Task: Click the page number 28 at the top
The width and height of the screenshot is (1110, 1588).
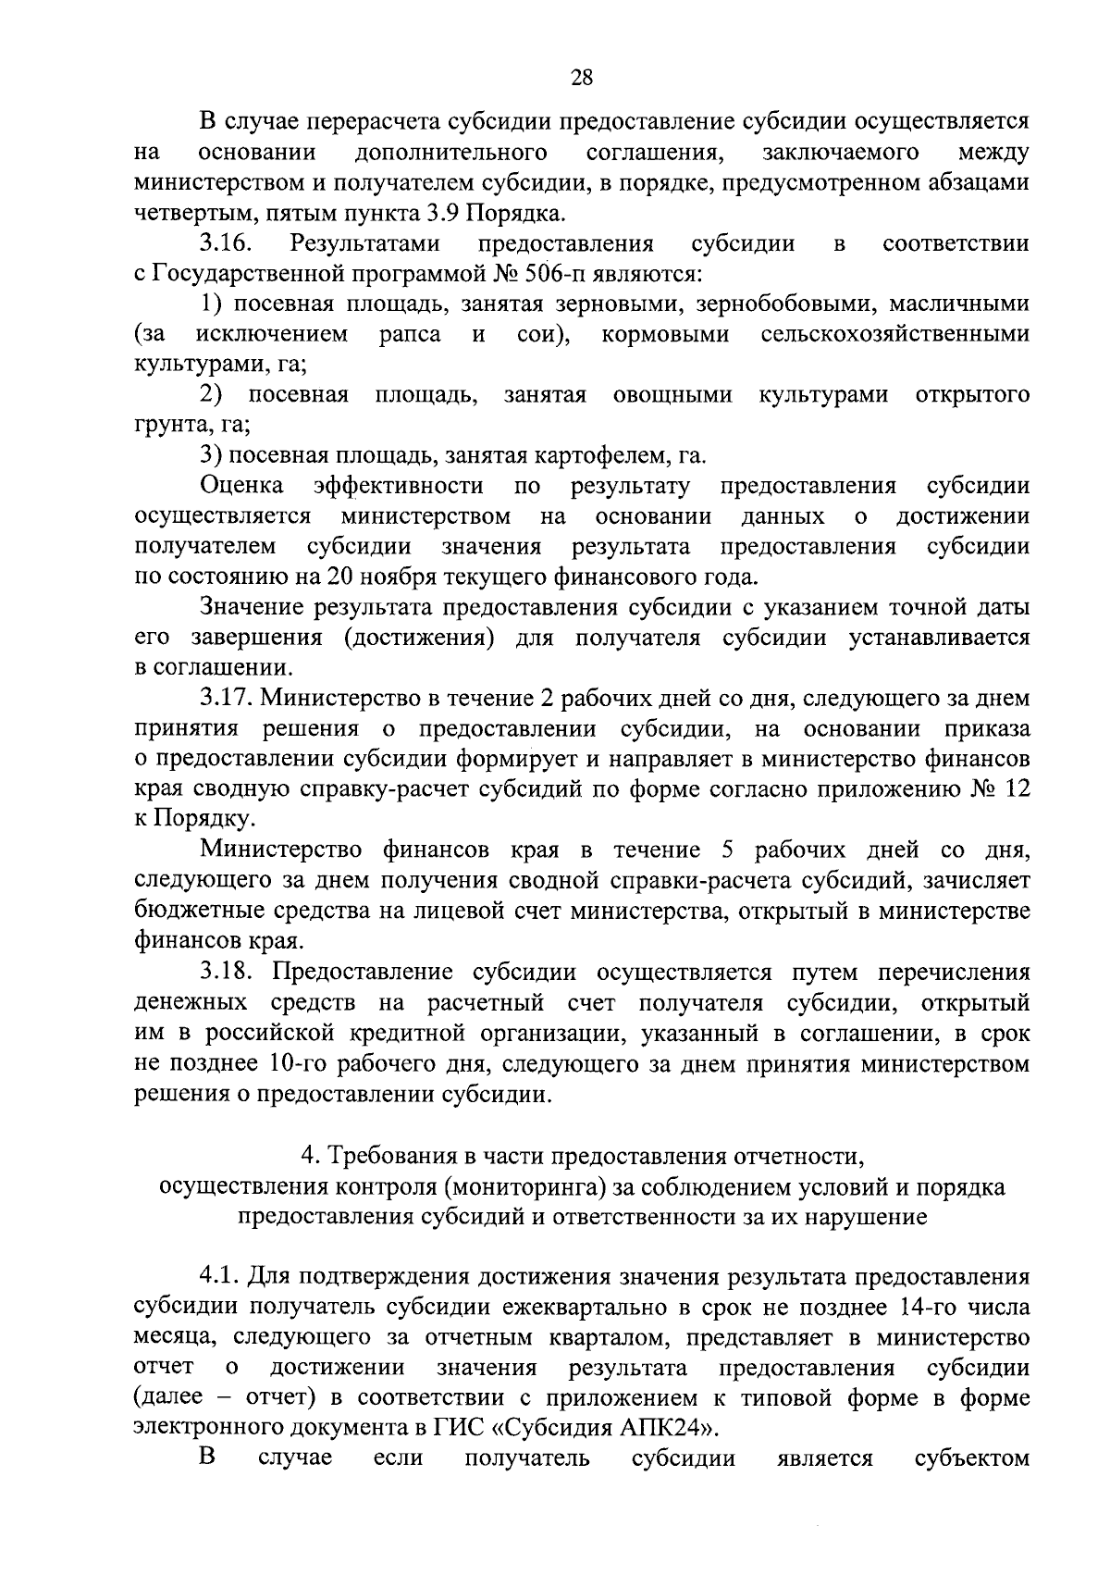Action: (582, 78)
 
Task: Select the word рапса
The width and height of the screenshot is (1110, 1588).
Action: (410, 334)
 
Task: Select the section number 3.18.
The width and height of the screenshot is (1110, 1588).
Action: (228, 973)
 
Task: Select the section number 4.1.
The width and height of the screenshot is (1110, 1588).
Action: (219, 1277)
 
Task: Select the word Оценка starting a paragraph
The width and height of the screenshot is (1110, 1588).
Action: (241, 486)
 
